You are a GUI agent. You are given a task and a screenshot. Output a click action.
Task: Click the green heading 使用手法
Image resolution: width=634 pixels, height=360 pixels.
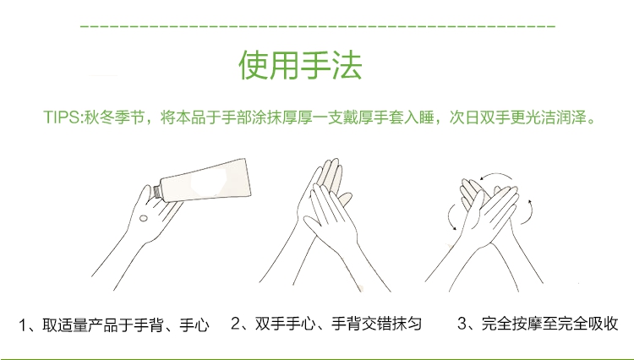point(300,65)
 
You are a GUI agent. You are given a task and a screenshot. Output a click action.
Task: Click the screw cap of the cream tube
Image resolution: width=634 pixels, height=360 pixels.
point(157,192)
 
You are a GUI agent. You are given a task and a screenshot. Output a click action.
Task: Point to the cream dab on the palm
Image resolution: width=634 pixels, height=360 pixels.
point(143,219)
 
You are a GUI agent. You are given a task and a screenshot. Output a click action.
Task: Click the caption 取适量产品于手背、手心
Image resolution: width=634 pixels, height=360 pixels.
point(126,325)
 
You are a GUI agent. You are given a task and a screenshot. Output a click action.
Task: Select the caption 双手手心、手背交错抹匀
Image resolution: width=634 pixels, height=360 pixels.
point(338,324)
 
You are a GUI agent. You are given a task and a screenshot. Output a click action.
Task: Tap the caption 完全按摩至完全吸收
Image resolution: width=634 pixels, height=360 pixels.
point(549,324)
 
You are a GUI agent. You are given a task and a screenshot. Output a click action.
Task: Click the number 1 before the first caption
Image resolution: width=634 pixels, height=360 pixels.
point(23,325)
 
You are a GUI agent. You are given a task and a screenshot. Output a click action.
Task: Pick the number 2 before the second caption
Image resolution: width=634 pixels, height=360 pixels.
point(235,323)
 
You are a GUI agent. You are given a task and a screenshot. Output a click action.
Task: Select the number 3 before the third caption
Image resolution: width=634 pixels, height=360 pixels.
point(462,323)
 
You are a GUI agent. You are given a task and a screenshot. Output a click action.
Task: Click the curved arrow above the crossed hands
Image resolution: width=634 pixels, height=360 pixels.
point(495,175)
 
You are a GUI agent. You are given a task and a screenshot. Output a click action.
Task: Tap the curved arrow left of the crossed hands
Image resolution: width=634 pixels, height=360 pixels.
point(450,217)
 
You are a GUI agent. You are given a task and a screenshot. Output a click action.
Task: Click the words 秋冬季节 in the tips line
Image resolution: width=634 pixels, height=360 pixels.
point(114,117)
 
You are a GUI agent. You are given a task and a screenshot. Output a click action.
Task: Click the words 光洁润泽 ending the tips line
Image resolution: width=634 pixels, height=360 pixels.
point(556,117)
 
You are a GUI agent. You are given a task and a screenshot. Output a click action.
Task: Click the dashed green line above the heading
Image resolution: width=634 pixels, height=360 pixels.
point(318,26)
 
